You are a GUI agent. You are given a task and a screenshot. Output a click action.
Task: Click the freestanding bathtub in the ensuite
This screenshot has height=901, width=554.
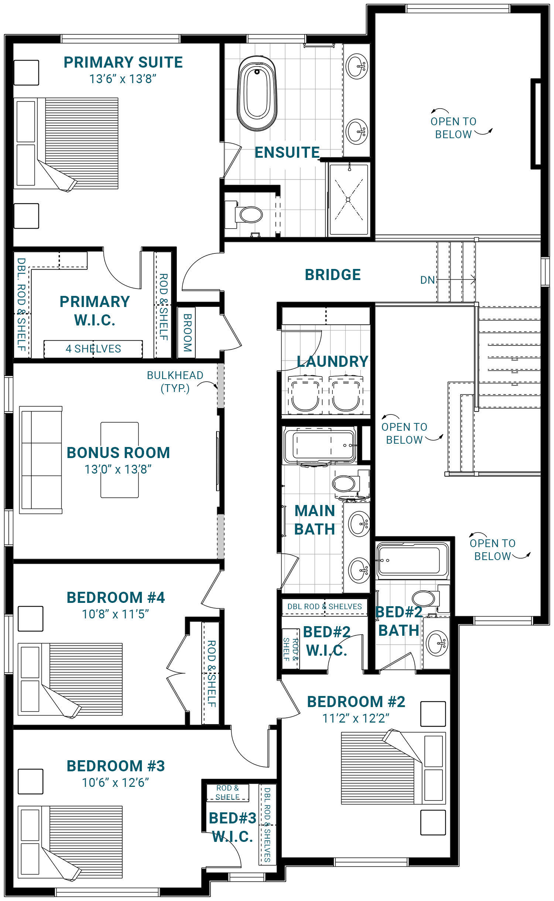(257, 93)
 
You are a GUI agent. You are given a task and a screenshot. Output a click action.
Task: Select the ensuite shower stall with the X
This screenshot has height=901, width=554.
(348, 200)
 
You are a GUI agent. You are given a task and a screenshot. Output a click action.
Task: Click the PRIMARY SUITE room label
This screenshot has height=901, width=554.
(123, 62)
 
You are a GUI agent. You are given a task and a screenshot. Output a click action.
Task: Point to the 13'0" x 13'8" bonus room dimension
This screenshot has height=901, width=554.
(118, 470)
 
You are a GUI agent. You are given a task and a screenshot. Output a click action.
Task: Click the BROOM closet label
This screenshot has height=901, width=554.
(187, 332)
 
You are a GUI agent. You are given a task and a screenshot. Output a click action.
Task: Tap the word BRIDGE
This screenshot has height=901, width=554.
(332, 275)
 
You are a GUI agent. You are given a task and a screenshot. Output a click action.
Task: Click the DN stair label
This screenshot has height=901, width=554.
(428, 280)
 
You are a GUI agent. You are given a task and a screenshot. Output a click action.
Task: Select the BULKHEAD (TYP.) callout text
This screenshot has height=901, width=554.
(175, 382)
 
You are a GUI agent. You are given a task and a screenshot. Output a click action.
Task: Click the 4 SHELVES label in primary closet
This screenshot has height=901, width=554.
(93, 349)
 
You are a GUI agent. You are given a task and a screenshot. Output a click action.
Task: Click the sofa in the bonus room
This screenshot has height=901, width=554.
(41, 460)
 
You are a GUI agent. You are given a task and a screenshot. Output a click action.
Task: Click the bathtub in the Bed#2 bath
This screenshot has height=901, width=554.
(411, 560)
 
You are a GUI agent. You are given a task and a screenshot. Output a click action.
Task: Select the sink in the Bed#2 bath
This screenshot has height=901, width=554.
(437, 643)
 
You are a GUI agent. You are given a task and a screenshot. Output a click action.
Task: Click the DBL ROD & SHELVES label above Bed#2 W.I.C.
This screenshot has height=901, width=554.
(325, 607)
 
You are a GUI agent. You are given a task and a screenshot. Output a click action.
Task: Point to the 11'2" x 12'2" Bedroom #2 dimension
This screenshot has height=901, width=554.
(356, 719)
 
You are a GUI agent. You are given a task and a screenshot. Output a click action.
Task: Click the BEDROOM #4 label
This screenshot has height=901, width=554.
(116, 598)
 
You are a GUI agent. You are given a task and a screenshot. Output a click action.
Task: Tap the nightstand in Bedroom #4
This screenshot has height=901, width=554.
(31, 619)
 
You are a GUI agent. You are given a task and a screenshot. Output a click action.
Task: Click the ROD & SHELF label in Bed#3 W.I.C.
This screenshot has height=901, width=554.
(228, 792)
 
